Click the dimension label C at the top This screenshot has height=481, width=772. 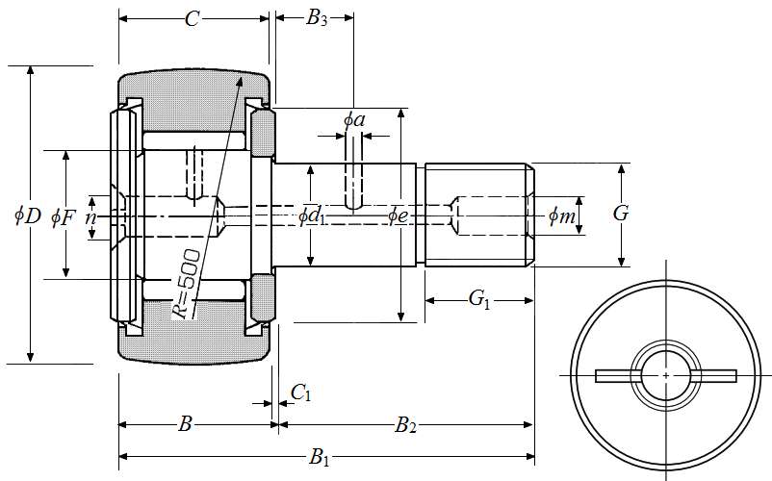[x=193, y=19]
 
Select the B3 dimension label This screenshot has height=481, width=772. [x=317, y=19]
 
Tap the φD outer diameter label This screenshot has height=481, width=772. [x=27, y=215]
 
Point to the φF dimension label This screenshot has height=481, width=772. [x=64, y=215]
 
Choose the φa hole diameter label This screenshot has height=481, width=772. [x=354, y=120]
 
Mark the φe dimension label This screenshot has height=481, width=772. [x=399, y=215]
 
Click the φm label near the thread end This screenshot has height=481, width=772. [x=562, y=216]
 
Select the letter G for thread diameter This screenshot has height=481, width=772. [x=621, y=214]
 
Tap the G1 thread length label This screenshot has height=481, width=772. [x=479, y=300]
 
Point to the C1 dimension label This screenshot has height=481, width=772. [x=300, y=392]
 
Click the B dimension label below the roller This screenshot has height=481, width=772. [x=187, y=424]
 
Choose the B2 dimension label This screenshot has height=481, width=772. [x=405, y=424]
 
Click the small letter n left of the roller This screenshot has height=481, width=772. [x=90, y=217]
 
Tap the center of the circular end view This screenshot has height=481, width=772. [x=666, y=375]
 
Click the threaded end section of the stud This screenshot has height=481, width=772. [x=476, y=215]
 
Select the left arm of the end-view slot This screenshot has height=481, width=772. [x=614, y=375]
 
